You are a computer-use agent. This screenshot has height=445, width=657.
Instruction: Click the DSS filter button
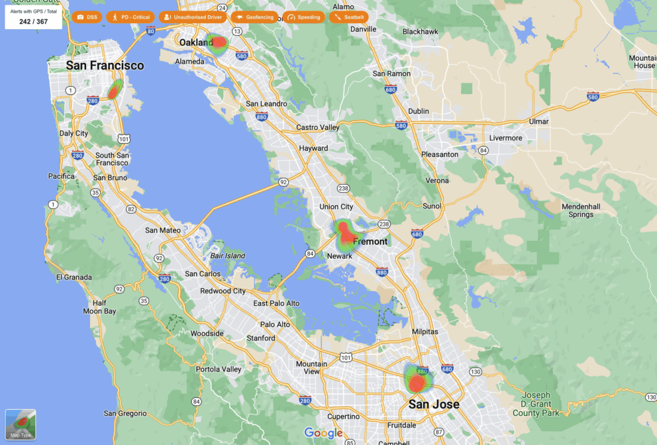87,17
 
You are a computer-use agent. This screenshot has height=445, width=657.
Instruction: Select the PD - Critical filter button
130,17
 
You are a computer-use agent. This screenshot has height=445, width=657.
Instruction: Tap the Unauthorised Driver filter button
193,17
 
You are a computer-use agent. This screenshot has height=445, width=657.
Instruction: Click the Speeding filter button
304,17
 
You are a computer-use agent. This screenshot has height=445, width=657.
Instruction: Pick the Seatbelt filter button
348,17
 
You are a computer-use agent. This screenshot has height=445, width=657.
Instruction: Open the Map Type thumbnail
21,424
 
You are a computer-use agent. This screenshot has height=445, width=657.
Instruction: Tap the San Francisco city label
105,66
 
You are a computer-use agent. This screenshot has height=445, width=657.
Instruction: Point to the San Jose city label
434,404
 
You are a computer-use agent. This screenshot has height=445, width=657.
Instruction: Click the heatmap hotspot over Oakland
219,43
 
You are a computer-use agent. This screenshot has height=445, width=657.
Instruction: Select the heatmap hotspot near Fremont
346,233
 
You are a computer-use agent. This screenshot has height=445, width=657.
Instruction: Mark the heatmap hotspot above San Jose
417,381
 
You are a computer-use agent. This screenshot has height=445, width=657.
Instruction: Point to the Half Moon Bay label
99,307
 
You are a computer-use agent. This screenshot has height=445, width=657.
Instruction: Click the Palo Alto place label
275,324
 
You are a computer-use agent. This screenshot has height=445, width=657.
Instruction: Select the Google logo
323,433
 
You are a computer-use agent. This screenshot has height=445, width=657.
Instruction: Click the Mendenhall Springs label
580,211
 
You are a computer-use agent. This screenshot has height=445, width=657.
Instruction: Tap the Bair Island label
227,256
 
